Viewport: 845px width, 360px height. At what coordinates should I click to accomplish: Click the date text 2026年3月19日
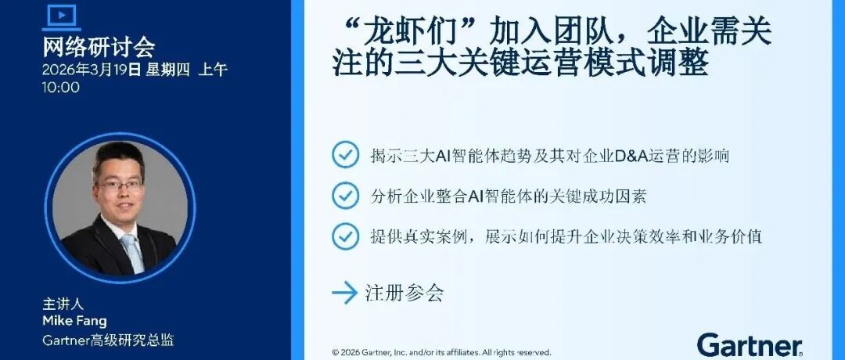(x=92, y=69)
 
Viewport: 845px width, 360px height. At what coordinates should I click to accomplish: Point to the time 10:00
(x=61, y=87)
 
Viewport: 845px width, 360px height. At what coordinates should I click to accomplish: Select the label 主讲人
(x=63, y=304)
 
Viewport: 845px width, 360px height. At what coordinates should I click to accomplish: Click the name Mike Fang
(x=75, y=321)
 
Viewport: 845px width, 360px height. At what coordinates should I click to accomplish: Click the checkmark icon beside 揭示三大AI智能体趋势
(x=345, y=154)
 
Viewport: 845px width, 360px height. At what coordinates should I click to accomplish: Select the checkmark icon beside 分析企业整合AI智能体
(x=345, y=195)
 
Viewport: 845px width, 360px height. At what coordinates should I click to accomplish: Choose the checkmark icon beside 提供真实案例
(x=345, y=235)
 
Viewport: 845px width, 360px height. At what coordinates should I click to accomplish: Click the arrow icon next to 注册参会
(x=344, y=293)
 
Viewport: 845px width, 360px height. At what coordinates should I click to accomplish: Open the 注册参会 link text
(x=405, y=293)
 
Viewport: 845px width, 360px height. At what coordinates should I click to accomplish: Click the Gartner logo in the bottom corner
(x=749, y=344)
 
